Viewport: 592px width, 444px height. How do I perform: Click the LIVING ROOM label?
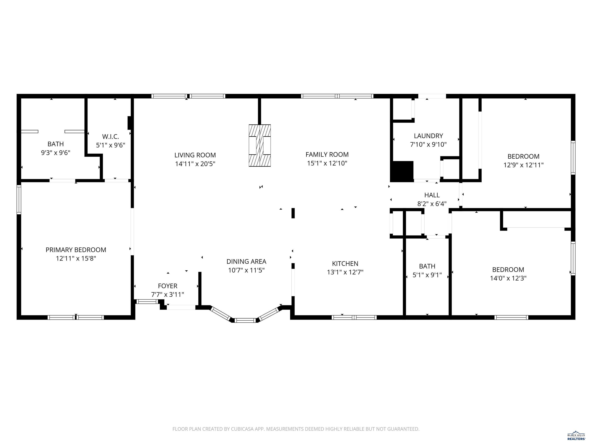pyautogui.click(x=195, y=155)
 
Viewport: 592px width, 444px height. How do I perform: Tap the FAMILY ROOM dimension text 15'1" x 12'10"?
pyautogui.click(x=327, y=163)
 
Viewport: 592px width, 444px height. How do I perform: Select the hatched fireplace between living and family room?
pyautogui.click(x=260, y=146)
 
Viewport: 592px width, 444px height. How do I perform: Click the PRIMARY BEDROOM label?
pyautogui.click(x=76, y=250)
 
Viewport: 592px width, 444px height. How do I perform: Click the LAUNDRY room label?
pyautogui.click(x=428, y=136)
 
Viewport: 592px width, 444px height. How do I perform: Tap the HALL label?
pyautogui.click(x=432, y=195)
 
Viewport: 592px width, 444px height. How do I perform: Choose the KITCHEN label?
pyautogui.click(x=345, y=264)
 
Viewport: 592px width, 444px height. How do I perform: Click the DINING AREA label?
pyautogui.click(x=246, y=262)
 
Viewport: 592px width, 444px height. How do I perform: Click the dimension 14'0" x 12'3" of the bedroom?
pyautogui.click(x=508, y=278)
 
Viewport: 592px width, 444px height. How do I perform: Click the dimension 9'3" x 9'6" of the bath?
pyautogui.click(x=56, y=153)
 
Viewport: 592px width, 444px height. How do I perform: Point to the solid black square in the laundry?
pyautogui.click(x=402, y=172)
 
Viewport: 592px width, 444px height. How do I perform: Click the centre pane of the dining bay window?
pyautogui.click(x=246, y=320)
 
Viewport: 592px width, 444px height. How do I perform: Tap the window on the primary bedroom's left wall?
pyautogui.click(x=19, y=199)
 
